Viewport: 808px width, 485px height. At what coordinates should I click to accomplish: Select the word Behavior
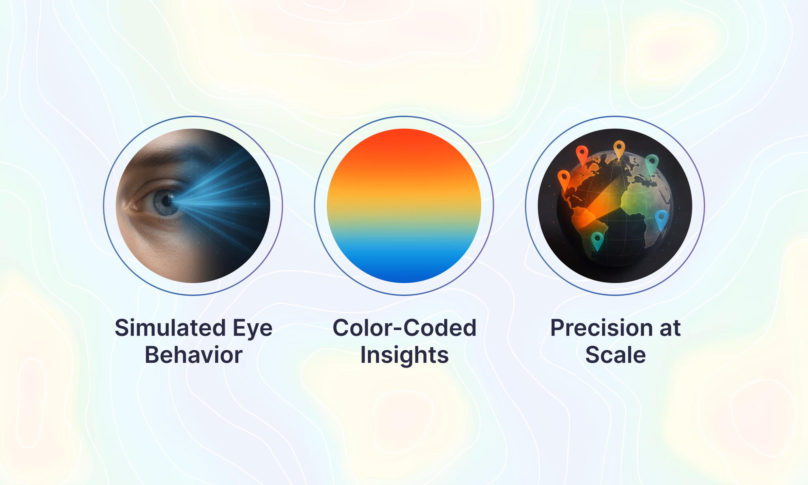point(193,355)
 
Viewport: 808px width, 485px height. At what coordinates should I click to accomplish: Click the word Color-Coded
point(404,328)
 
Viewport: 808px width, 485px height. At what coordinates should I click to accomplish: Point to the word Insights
point(404,355)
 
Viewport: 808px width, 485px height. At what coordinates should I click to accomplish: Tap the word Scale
point(615,355)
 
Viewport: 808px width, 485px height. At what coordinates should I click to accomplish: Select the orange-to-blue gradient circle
point(404,206)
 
